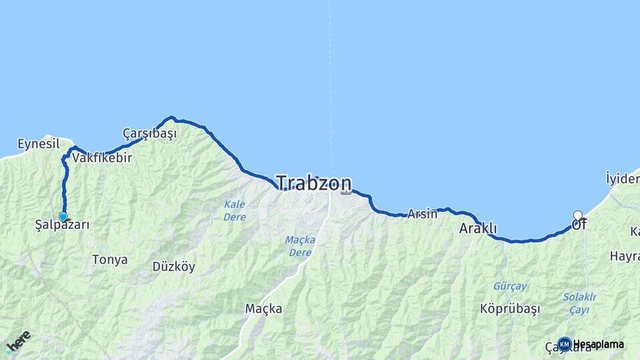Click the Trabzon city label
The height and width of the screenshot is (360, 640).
coord(313,183)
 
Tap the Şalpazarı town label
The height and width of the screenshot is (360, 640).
coord(62,225)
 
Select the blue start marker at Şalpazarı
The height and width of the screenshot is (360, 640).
coord(63,217)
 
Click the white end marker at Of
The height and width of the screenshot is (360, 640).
coord(578,215)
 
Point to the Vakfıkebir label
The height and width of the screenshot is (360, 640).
coord(102,159)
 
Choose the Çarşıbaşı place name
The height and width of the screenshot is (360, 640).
coord(149,133)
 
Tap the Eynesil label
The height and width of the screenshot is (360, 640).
coord(39,144)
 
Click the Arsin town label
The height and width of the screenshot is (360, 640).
coord(422,214)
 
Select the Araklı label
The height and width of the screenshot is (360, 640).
coord(478,229)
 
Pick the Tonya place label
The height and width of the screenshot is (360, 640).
coord(110,260)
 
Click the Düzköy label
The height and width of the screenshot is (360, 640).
coord(174,267)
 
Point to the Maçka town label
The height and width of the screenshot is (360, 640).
coord(263,309)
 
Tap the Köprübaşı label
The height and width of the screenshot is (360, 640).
coord(510,309)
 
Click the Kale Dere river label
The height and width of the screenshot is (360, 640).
coord(235,211)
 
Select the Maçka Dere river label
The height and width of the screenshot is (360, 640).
coord(300,246)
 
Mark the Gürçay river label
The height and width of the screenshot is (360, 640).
coord(510,286)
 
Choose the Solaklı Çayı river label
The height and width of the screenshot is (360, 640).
coord(579,303)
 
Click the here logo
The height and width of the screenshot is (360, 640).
coord(18,341)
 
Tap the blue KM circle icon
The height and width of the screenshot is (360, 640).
coord(565,344)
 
